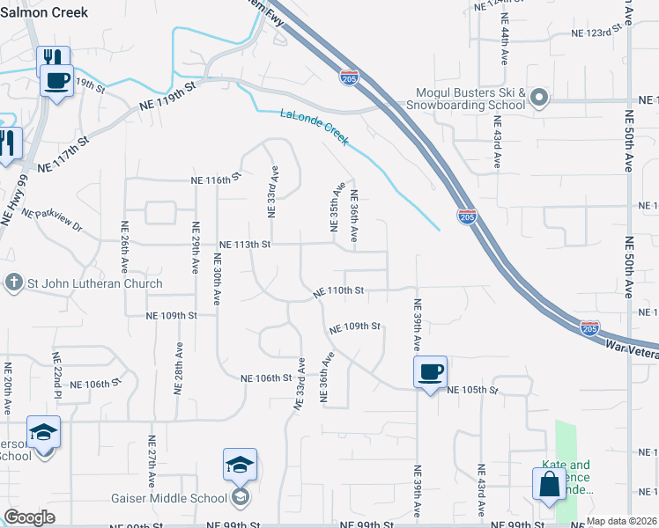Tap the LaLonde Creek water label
coord(315,127)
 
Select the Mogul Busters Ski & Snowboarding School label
coord(471,99)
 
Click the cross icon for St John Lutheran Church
coord(13,282)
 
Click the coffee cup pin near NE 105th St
coord(430,371)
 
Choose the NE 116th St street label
coord(217,180)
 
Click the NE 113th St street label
coord(245,244)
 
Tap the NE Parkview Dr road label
coord(51,220)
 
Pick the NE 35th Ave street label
coord(336,208)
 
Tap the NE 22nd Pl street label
coord(56,372)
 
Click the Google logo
coord(29,517)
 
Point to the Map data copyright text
coord(621,521)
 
